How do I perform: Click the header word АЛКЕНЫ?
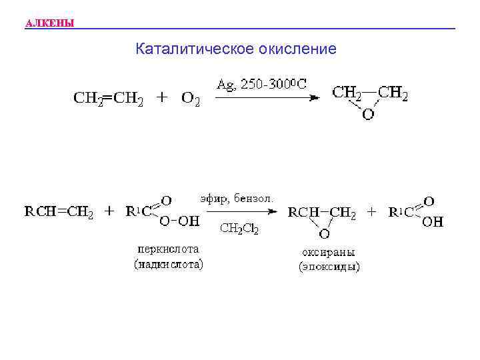coord(49,25)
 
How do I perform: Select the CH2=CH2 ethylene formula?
coord(108,98)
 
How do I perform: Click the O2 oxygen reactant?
coord(190,99)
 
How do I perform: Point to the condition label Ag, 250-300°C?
coord(262,85)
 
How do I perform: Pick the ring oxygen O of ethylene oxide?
coord(368,114)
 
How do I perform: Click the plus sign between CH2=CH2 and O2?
coord(161,97)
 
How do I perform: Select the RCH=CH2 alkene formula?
coord(59,213)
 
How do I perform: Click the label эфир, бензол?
coord(237,198)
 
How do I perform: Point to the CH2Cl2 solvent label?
coord(239,229)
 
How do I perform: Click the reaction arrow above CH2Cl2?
coord(241,213)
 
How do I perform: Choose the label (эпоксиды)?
coord(329,267)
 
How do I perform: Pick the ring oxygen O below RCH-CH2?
coord(323,233)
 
